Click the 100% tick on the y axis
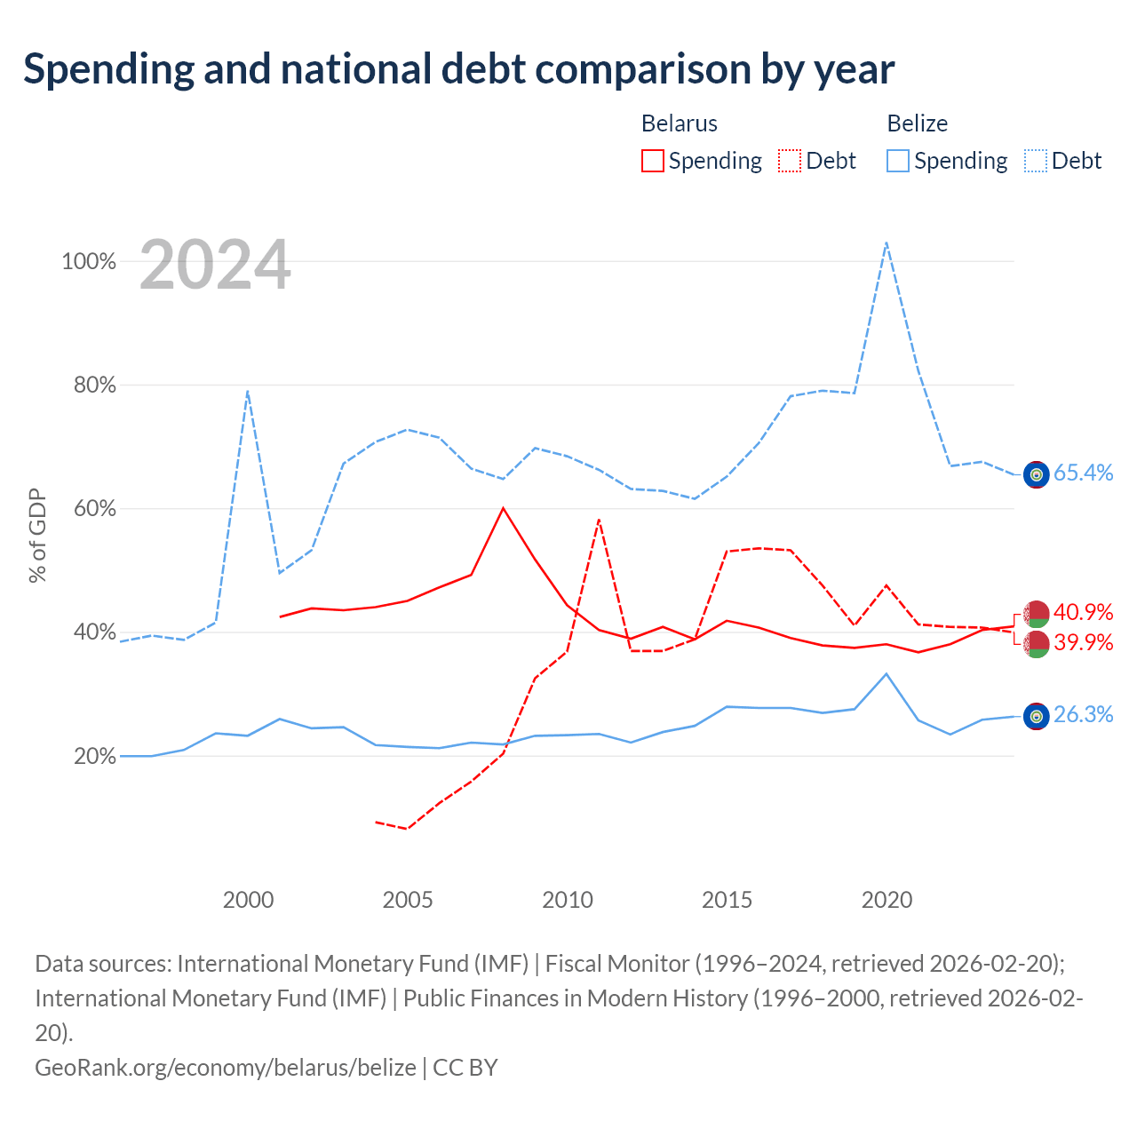(89, 261)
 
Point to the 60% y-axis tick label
(94, 509)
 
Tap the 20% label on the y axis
(94, 756)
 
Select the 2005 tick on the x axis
(407, 900)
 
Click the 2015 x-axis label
(727, 900)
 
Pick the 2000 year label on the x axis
(248, 900)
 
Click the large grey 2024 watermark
(215, 265)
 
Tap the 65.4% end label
(1084, 473)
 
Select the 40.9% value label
(1084, 612)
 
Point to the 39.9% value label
(1084, 642)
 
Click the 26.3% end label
(1084, 714)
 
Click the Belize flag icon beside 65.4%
(1036, 474)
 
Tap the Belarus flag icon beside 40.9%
(1036, 614)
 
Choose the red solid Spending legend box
(653, 161)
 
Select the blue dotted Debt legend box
(1036, 161)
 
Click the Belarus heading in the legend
(680, 123)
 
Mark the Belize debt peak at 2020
(887, 243)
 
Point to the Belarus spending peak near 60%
(503, 508)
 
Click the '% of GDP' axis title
(37, 536)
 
